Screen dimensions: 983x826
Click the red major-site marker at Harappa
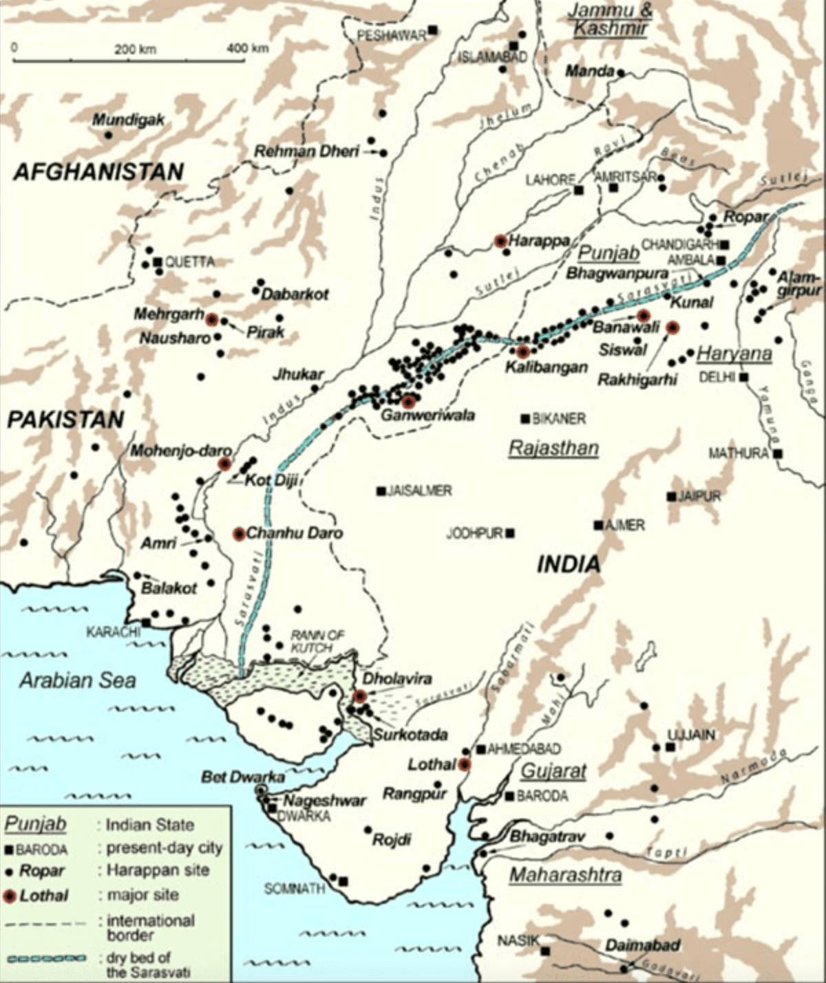501,241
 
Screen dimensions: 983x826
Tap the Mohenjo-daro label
181,452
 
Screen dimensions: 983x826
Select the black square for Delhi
743,377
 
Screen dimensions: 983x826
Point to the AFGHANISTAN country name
99,171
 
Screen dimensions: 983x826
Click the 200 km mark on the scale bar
135,49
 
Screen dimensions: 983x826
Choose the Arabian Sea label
78,680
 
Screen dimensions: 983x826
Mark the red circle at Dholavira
360,696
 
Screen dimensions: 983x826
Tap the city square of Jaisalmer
380,491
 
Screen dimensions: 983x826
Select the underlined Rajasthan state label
553,449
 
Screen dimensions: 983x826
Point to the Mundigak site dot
108,135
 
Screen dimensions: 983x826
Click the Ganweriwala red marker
410,402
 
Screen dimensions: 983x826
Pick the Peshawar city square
433,30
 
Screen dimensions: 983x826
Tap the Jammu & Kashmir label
610,19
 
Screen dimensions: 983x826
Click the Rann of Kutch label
317,641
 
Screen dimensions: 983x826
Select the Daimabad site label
642,945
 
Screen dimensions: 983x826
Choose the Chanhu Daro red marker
239,534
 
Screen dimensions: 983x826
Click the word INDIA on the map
569,565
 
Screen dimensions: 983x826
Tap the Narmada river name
753,766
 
